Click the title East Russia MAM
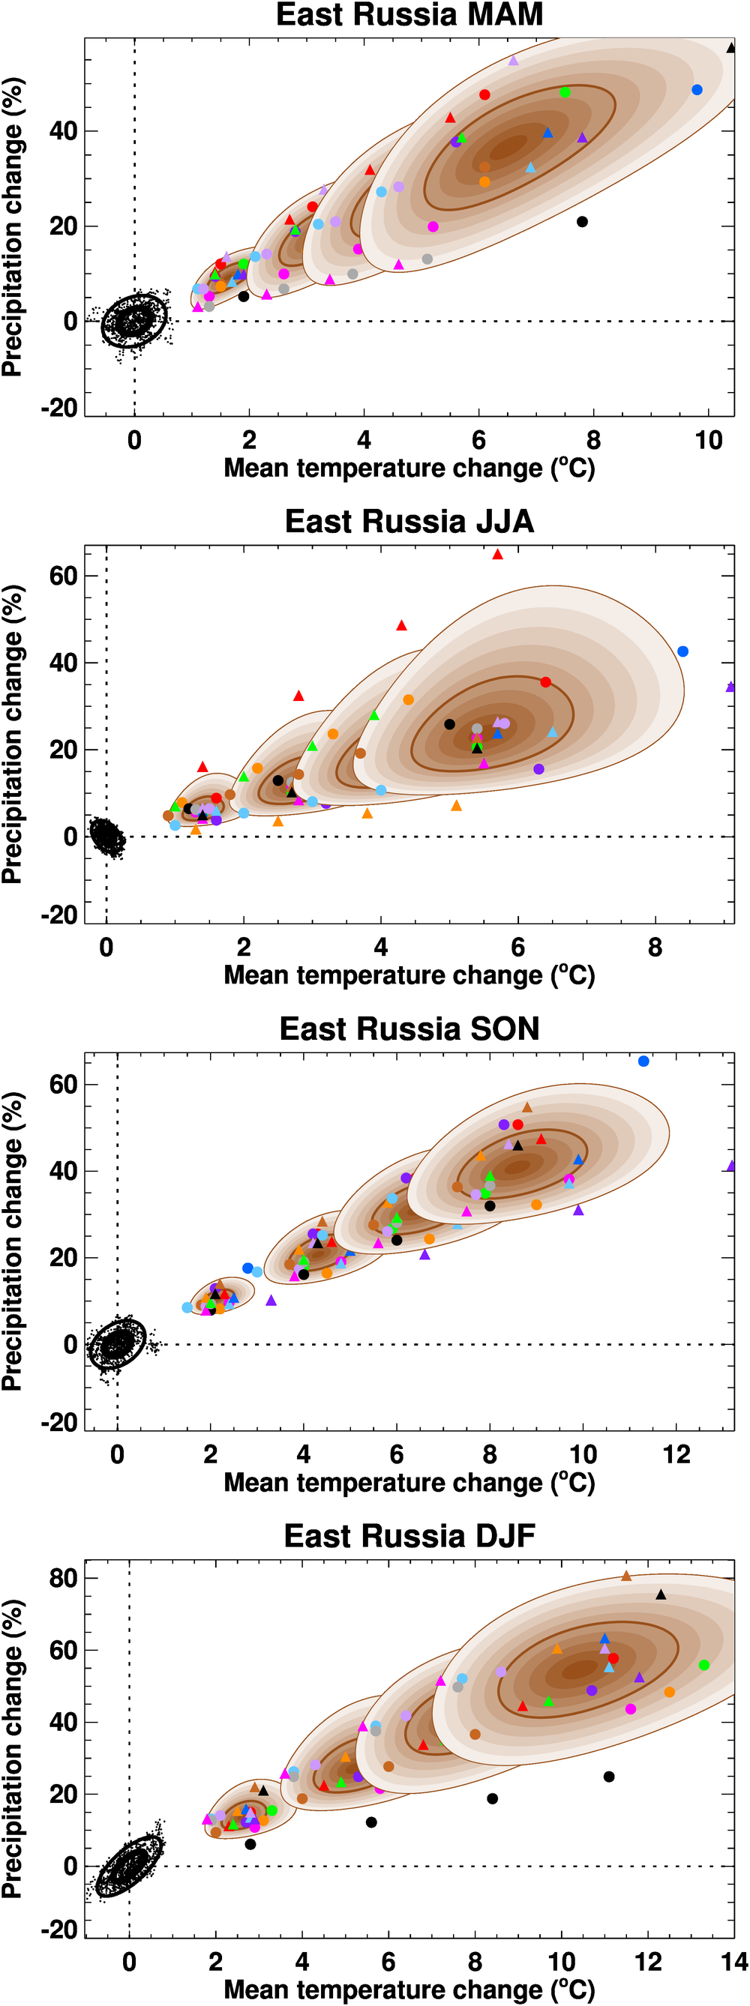click(x=409, y=15)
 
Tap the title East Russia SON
click(x=409, y=1028)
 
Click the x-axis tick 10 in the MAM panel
click(x=708, y=441)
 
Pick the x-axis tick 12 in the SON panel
click(x=676, y=1455)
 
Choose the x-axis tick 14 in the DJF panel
click(x=733, y=1962)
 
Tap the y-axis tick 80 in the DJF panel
click(x=64, y=1579)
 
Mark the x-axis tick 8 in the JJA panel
click(x=654, y=948)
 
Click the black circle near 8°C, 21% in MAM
click(x=582, y=222)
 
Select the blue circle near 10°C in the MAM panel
click(x=697, y=91)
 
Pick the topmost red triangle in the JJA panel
click(x=498, y=555)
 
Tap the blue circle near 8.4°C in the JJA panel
click(x=683, y=651)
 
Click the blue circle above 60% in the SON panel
click(x=643, y=1061)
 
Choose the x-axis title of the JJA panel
click(x=409, y=976)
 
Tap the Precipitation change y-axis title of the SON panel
click(x=13, y=1241)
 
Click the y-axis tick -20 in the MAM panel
click(x=60, y=407)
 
